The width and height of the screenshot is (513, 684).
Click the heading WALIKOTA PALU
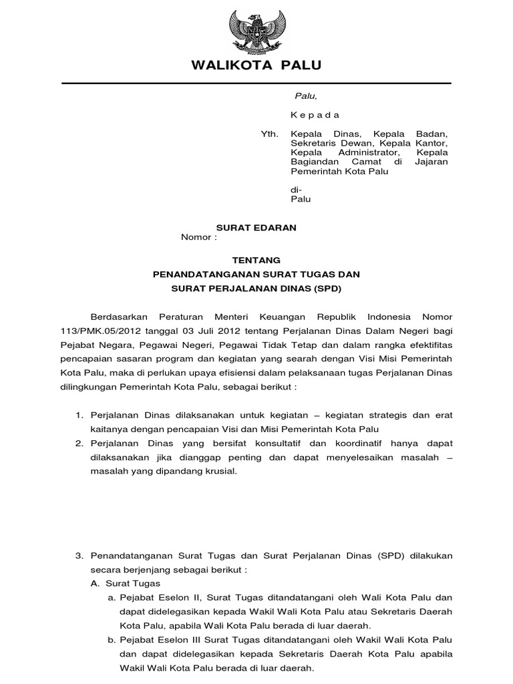pyautogui.click(x=256, y=65)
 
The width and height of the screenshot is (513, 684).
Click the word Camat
pyautogui.click(x=369, y=162)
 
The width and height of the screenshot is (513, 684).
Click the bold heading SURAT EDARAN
pyautogui.click(x=256, y=228)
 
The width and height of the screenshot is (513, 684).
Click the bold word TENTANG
pyautogui.click(x=256, y=260)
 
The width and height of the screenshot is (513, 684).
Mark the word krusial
pyautogui.click(x=219, y=471)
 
